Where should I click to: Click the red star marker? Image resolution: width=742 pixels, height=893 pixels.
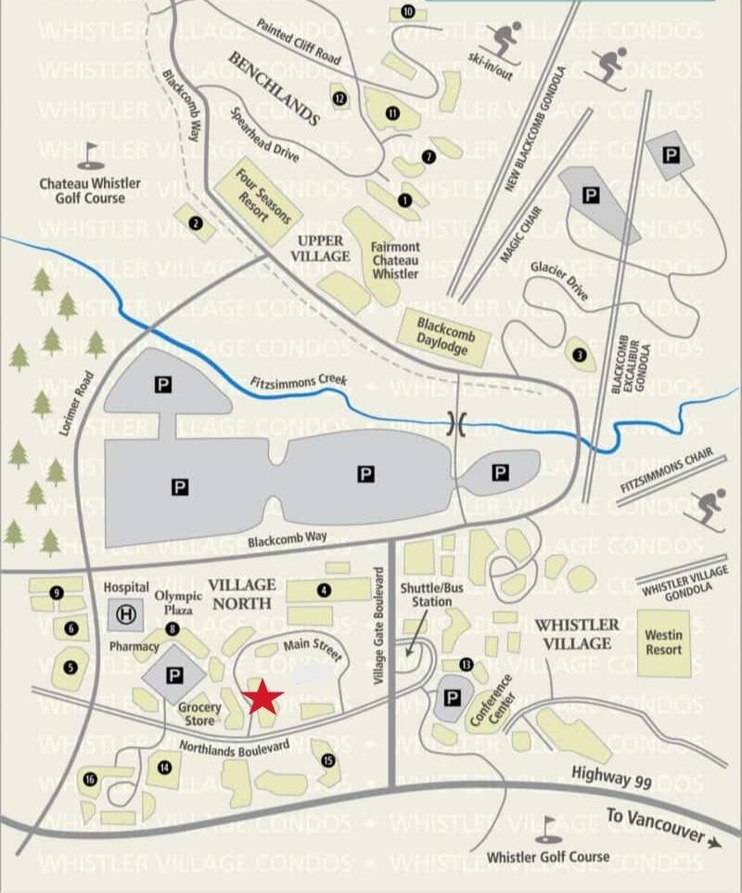pyautogui.click(x=263, y=696)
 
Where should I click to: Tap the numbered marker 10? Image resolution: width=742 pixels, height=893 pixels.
pyautogui.click(x=408, y=11)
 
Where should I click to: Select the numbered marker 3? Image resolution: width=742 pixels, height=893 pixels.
pyautogui.click(x=580, y=354)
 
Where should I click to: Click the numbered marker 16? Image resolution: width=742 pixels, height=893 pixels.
pyautogui.click(x=90, y=780)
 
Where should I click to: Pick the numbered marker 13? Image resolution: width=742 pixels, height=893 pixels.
pyautogui.click(x=466, y=665)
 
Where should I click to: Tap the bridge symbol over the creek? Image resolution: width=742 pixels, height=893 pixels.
pyautogui.click(x=456, y=423)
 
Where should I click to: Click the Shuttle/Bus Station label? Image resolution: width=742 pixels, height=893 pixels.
pyautogui.click(x=426, y=594)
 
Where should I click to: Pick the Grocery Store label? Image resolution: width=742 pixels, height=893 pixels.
pyautogui.click(x=199, y=713)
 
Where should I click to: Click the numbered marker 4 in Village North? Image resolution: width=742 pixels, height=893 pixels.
pyautogui.click(x=324, y=589)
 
